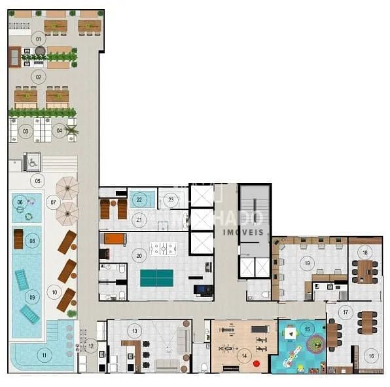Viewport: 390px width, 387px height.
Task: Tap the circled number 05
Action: pyautogui.click(x=37, y=180)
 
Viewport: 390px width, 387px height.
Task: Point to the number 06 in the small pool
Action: pyautogui.click(x=20, y=202)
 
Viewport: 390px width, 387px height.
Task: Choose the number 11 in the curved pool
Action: pyautogui.click(x=44, y=356)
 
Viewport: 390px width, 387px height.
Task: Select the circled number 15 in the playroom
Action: pyautogui.click(x=308, y=329)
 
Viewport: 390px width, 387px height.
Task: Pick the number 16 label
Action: pyautogui.click(x=371, y=356)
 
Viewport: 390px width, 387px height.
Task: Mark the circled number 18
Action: pyautogui.click(x=365, y=253)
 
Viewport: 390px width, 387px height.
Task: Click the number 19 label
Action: pyautogui.click(x=307, y=263)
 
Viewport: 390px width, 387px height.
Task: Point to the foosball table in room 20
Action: pyautogui.click(x=163, y=249)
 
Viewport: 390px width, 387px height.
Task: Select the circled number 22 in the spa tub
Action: pyautogui.click(x=139, y=199)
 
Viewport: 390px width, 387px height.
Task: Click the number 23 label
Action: pyautogui.click(x=171, y=199)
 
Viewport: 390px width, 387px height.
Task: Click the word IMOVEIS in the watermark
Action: pyautogui.click(x=243, y=232)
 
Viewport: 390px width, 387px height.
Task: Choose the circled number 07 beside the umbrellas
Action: pyautogui.click(x=54, y=202)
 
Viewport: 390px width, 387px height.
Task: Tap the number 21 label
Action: pyautogui.click(x=139, y=220)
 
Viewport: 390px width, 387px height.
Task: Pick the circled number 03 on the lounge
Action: pyautogui.click(x=26, y=131)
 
